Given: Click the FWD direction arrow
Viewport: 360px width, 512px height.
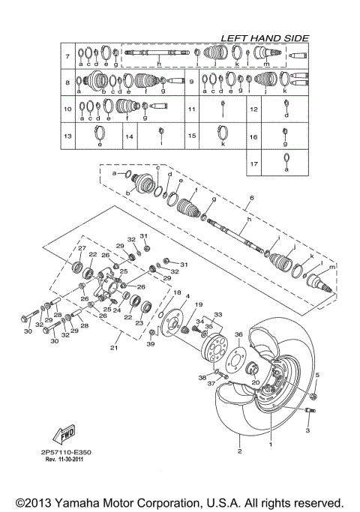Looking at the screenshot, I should click(62, 435).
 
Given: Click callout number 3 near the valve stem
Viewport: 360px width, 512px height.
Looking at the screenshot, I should click(307, 433).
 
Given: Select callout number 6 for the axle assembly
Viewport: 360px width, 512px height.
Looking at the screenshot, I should click(252, 197).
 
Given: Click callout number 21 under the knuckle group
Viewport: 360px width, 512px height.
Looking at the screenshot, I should click(115, 348).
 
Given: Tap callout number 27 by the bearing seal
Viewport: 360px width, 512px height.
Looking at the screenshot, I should click(82, 248).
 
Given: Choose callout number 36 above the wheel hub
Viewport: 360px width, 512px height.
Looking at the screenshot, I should click(238, 334).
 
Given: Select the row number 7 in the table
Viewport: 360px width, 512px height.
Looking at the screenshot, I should click(67, 56).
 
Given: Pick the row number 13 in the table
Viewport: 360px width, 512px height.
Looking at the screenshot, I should click(67, 136).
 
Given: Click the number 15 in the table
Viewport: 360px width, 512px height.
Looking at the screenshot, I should click(192, 136).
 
